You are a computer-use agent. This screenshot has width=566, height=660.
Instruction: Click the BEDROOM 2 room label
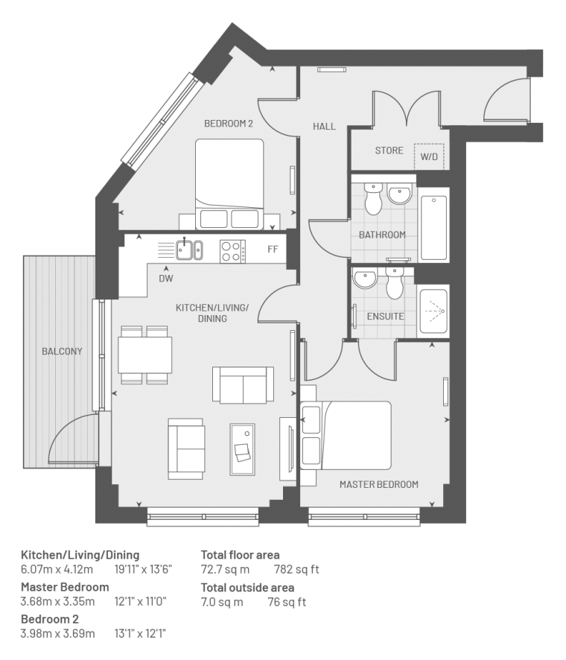(x=229, y=124)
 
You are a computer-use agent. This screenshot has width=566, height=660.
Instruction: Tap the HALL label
(x=324, y=127)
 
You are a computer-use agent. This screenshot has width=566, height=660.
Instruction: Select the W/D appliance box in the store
(x=429, y=156)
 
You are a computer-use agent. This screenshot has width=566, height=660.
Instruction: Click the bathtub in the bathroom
(x=433, y=228)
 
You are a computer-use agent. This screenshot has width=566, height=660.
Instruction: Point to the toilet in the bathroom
(x=373, y=198)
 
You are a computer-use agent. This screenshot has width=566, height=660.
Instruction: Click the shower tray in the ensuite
(x=433, y=311)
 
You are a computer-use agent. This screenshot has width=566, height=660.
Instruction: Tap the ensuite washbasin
(x=365, y=279)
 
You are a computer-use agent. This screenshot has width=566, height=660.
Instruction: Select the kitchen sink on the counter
(x=189, y=250)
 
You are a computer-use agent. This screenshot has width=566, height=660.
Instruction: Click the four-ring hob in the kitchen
(x=232, y=251)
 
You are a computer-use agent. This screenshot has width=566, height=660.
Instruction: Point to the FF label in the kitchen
(x=273, y=250)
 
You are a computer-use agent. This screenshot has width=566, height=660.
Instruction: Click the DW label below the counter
(x=166, y=278)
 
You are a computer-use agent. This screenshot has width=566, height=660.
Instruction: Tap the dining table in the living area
(x=144, y=355)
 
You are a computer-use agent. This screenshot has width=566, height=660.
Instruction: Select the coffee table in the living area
(x=242, y=449)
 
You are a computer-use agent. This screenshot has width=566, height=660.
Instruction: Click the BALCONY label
(x=62, y=351)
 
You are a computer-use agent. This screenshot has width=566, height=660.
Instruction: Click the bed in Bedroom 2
(x=229, y=184)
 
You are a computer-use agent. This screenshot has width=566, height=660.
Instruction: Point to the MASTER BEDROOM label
(x=379, y=484)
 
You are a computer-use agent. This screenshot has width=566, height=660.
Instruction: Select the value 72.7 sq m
(x=225, y=570)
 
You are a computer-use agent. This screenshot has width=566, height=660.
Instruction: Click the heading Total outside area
(x=247, y=587)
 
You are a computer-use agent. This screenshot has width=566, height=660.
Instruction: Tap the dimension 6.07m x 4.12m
(x=57, y=570)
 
